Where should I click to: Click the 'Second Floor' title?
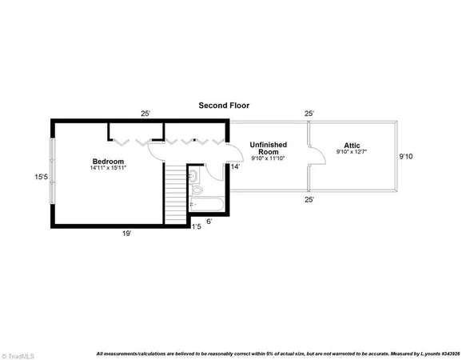pyautogui.click(x=225, y=105)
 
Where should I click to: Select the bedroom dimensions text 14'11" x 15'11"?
pyautogui.click(x=109, y=169)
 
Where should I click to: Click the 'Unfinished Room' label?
pyautogui.click(x=269, y=149)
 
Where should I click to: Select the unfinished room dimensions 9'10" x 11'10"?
pyautogui.click(x=269, y=158)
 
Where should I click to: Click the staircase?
pyautogui.click(x=175, y=194)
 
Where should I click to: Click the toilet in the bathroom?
pyautogui.click(x=194, y=176)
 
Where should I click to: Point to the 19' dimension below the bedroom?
pyautogui.click(x=126, y=234)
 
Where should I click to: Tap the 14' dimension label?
pyautogui.click(x=234, y=166)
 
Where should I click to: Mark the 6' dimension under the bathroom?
pyautogui.click(x=209, y=221)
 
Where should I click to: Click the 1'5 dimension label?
pyautogui.click(x=196, y=227)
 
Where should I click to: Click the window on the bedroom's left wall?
pyautogui.click(x=53, y=171)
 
